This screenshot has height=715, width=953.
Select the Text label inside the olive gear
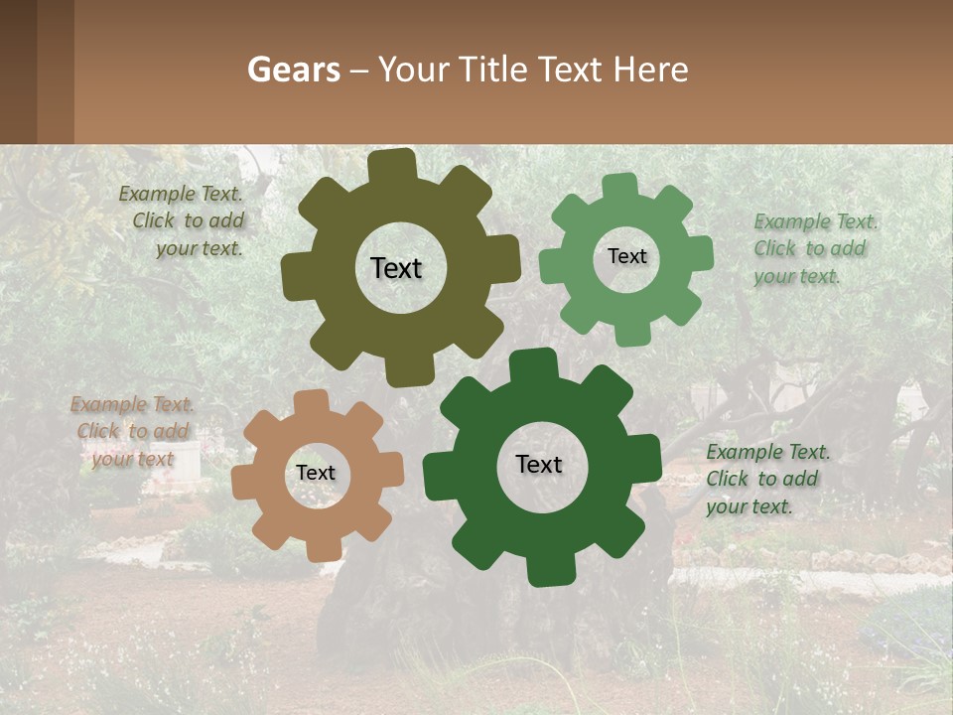(396, 268)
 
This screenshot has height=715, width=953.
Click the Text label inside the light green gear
(626, 256)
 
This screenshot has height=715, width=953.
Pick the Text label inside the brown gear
(316, 473)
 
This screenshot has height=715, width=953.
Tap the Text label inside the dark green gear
(539, 464)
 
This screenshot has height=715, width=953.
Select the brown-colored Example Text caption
(133, 431)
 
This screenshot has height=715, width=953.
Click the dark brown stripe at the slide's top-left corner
(18, 71)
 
